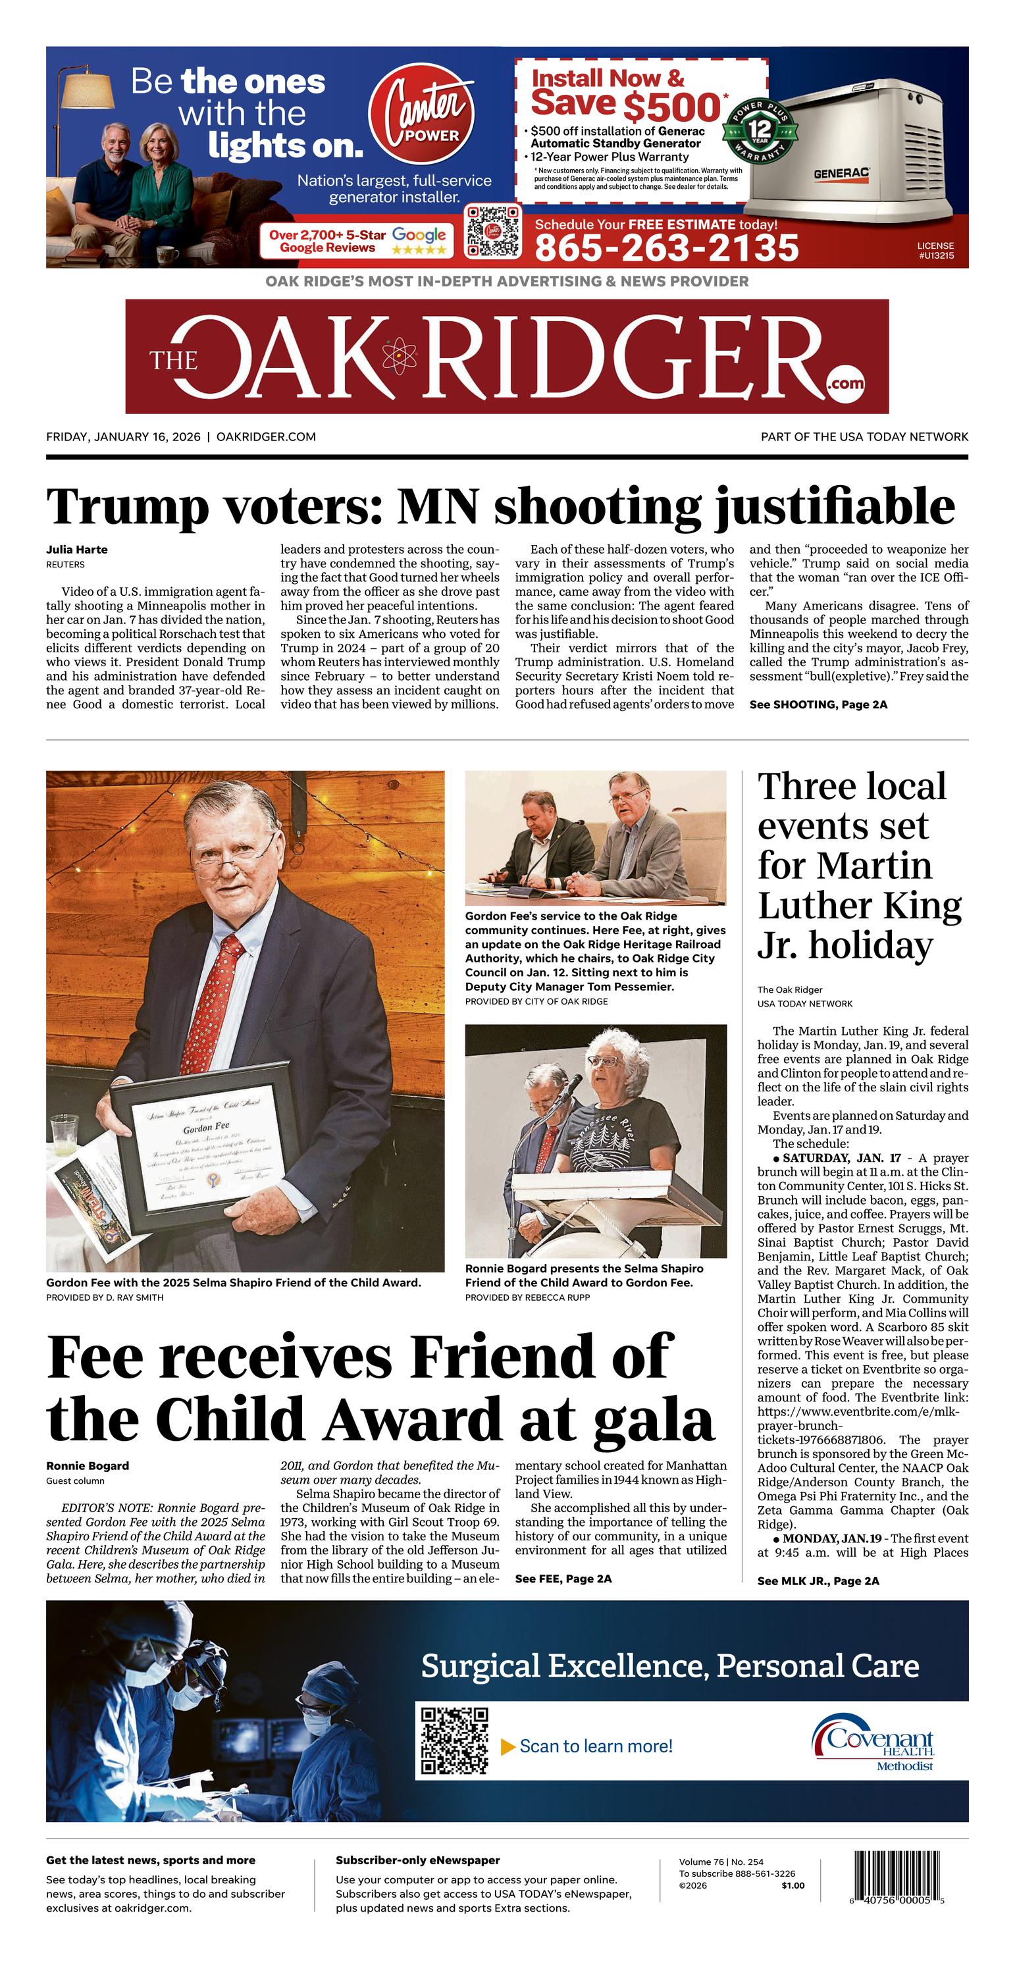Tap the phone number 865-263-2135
666,248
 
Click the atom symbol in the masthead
398,355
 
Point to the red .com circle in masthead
846,383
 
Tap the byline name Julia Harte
77,550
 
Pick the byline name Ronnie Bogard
88,1465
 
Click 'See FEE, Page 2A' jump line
563,1578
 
